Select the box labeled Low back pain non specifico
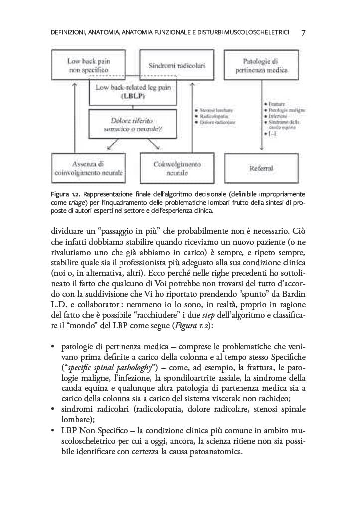[x=88, y=65]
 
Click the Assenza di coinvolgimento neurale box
[x=88, y=168]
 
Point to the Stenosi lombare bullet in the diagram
[x=216, y=109]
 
